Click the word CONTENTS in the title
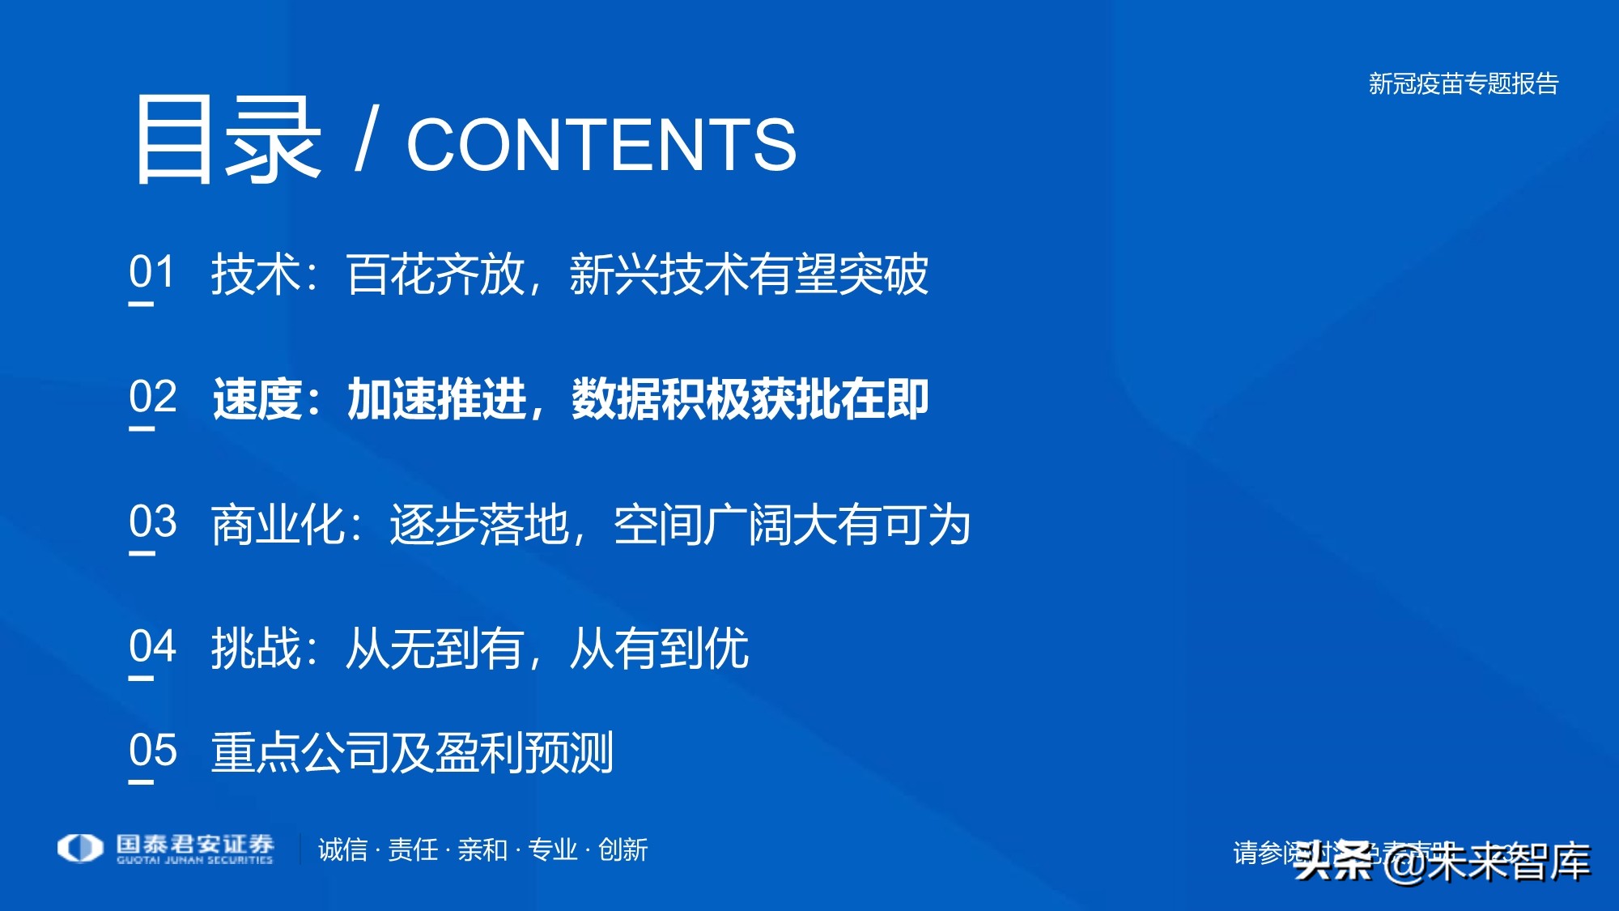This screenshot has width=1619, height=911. click(x=601, y=145)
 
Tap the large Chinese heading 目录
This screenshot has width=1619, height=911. click(x=226, y=139)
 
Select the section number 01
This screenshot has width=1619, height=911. click(x=152, y=272)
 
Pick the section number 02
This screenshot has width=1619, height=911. click(x=152, y=398)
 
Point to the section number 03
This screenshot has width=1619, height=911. click(x=152, y=522)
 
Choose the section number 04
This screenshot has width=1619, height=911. click(x=152, y=647)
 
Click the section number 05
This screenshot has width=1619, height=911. click(x=152, y=751)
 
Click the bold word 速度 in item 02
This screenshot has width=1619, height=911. click(x=257, y=399)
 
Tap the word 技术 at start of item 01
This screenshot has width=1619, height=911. click(x=256, y=275)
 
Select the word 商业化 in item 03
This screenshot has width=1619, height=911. click(x=278, y=525)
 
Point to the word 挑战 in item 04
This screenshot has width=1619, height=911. click(x=256, y=649)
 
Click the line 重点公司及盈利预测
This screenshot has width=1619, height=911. click(x=412, y=752)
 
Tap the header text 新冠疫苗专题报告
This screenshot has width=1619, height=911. click(x=1463, y=84)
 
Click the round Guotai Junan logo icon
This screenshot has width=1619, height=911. click(x=80, y=848)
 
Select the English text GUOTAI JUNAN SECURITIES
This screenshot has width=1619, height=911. click(x=195, y=861)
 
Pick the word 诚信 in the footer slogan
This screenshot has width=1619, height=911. click(x=342, y=850)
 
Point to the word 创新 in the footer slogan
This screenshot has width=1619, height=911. click(x=623, y=850)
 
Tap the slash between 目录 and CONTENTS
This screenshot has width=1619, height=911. click(x=366, y=142)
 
